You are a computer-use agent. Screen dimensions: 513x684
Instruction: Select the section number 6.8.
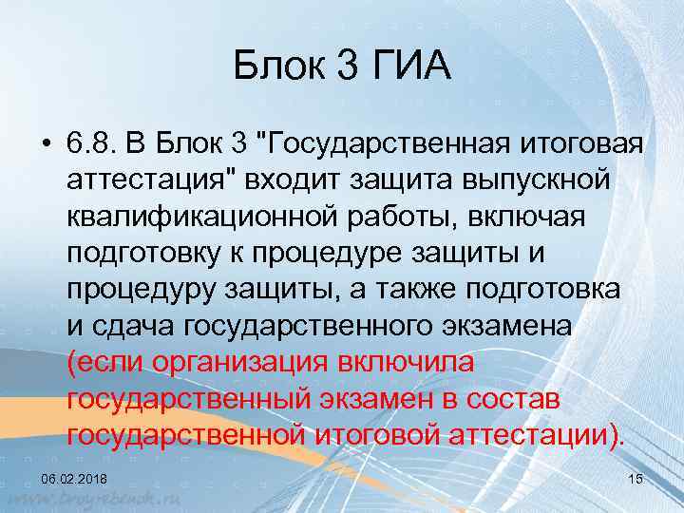coord(91,143)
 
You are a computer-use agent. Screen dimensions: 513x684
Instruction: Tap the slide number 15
coord(636,478)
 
